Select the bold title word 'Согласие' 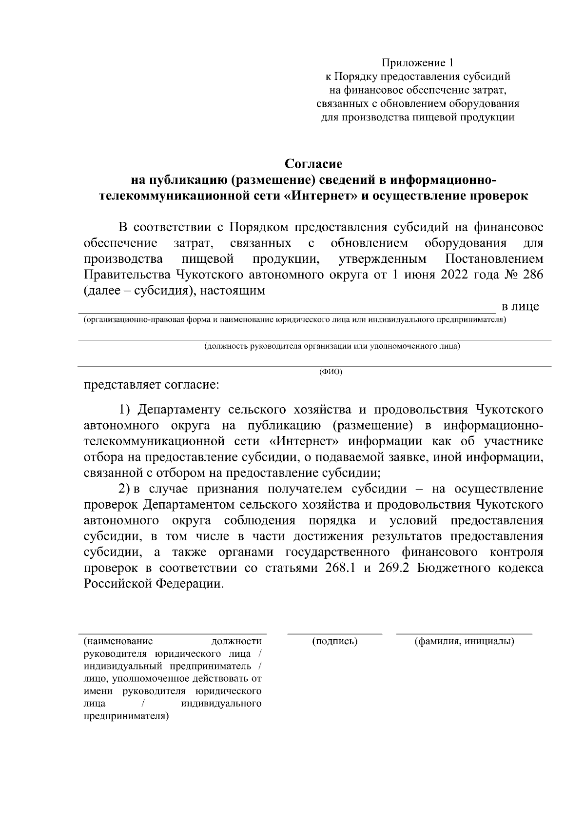314,163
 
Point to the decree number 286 532,275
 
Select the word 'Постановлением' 494,258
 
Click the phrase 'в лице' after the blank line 521,307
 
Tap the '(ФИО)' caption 331,372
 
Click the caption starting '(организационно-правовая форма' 294,320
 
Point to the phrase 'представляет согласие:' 152,385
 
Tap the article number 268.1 338,568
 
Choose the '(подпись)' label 334,641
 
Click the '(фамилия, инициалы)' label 464,641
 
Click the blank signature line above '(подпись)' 334,634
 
